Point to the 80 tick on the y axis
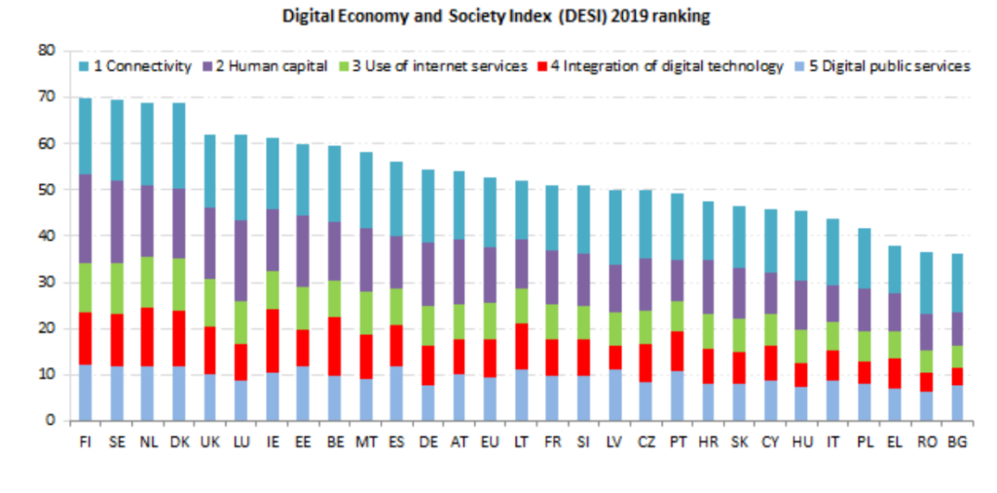point(46,51)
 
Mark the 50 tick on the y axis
point(46,190)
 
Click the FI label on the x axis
point(85,441)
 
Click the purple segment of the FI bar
point(85,219)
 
